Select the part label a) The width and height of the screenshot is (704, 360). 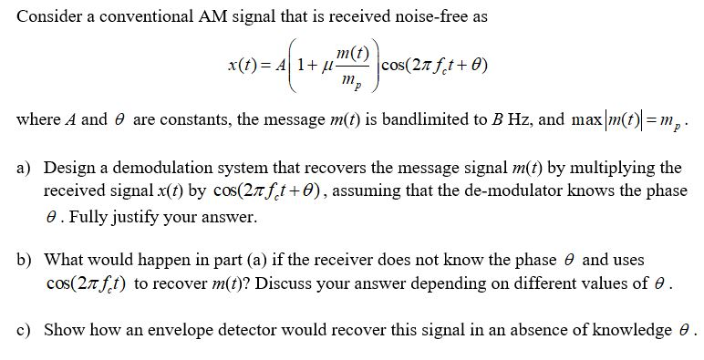(x=27, y=170)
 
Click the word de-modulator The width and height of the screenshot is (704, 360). (x=497, y=192)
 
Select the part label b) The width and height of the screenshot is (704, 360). (x=27, y=261)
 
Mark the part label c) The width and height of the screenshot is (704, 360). (x=27, y=329)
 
